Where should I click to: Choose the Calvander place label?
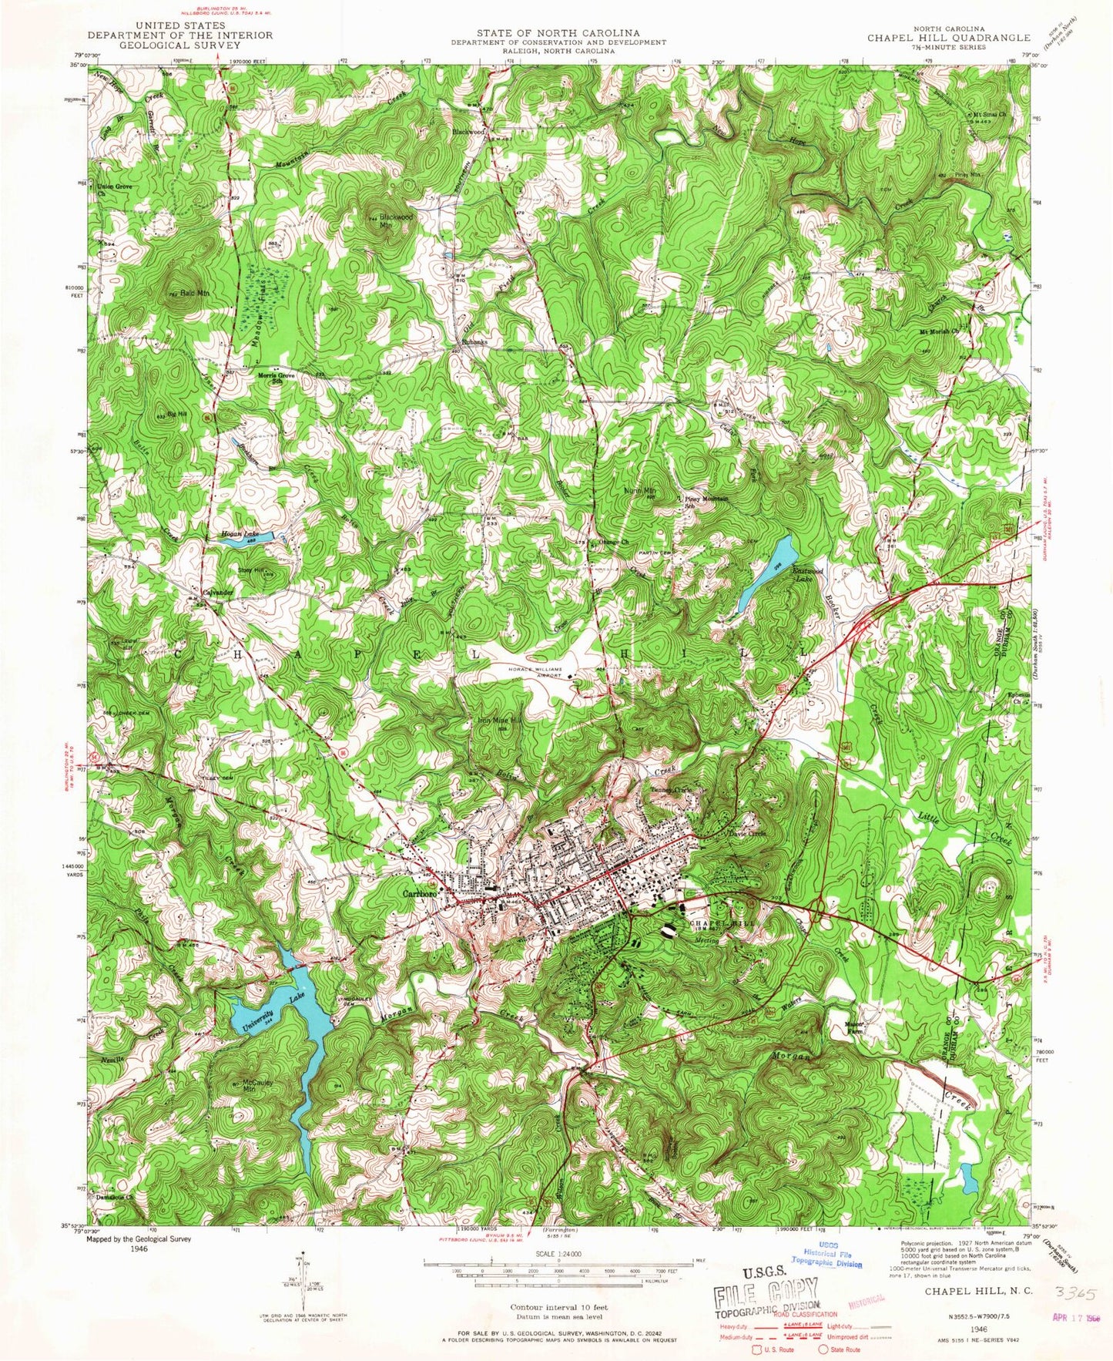point(218,592)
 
